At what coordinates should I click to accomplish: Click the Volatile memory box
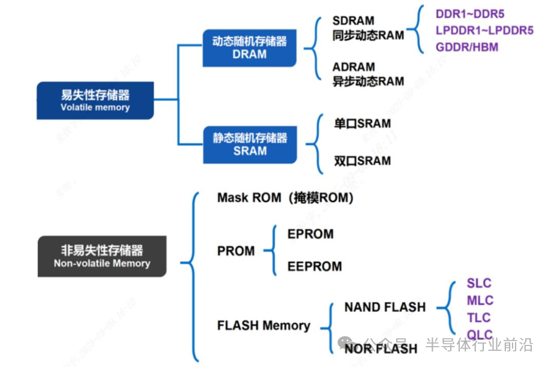click(x=95, y=101)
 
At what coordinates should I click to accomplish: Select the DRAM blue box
click(x=250, y=47)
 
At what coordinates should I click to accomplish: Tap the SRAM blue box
click(x=250, y=144)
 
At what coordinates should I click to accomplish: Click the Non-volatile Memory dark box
click(x=102, y=256)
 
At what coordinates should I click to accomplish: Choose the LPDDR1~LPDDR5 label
click(x=484, y=30)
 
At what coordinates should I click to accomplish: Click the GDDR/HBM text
click(x=467, y=47)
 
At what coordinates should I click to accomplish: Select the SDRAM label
click(x=354, y=22)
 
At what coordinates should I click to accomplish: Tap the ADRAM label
click(x=354, y=67)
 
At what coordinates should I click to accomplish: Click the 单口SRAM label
click(x=363, y=124)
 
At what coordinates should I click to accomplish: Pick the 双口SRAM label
click(x=363, y=161)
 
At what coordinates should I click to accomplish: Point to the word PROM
click(x=236, y=251)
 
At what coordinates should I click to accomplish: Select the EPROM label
click(x=310, y=234)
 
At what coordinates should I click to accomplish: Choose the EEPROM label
click(x=315, y=266)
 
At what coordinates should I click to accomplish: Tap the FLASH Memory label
click(x=263, y=326)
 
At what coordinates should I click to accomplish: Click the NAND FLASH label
click(x=385, y=308)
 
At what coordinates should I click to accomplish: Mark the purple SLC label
click(x=479, y=284)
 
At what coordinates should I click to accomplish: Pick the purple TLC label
click(x=479, y=317)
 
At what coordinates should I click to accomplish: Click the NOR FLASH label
click(x=381, y=348)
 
